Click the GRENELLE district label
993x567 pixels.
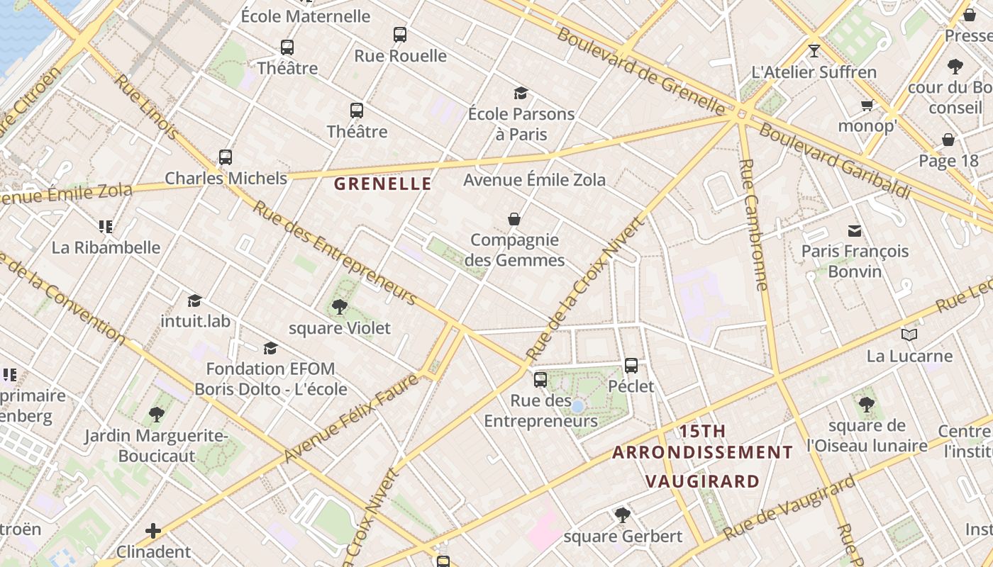pos(382,184)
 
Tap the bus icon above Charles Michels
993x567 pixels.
pos(226,157)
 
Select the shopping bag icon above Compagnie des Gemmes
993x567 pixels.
pos(514,219)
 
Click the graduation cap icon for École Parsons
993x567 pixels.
pos(521,93)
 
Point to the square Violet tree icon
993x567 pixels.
pos(340,307)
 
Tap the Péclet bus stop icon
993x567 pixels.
pos(631,366)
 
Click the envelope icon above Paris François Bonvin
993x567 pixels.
pos(855,230)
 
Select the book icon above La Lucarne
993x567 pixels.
pos(909,335)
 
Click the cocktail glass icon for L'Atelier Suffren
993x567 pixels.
pos(814,51)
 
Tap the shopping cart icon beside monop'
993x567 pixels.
pos(867,106)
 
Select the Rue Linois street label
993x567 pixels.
pos(148,106)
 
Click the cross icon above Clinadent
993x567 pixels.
pos(153,530)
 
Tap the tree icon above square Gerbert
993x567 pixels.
pos(623,515)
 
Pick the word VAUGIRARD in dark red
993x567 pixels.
pos(702,481)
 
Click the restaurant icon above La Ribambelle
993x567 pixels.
pos(106,227)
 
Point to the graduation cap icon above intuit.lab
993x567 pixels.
pos(195,301)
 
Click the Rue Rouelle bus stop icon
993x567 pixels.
pos(400,34)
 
